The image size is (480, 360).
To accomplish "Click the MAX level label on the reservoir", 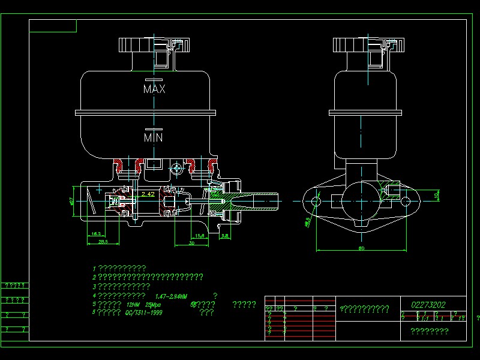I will pos(154,89).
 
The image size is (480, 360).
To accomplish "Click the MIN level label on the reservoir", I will pos(154,137).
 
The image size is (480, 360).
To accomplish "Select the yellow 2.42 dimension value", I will pos(148,194).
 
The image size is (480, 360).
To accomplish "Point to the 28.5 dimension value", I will pos(103,241).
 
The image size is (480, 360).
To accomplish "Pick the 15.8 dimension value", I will pos(200,235).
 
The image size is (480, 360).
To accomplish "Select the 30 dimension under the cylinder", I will pos(191,243).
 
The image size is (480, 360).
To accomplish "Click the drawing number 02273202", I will pos(428,305).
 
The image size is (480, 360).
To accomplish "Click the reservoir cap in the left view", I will pos(155,45).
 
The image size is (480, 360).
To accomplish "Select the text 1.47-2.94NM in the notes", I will pos(171,296).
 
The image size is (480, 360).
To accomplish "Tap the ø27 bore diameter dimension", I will pos(72,201).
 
